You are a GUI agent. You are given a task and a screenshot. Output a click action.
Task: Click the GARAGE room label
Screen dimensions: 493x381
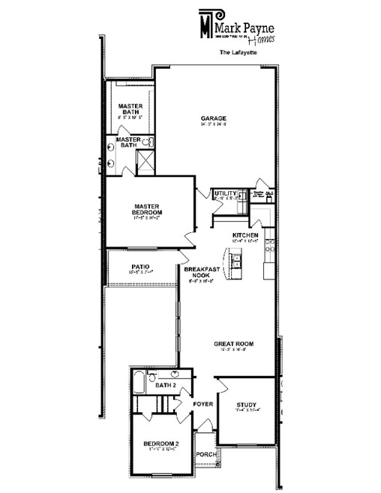213,118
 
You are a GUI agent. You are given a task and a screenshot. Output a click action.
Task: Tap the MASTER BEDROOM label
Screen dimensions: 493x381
148,209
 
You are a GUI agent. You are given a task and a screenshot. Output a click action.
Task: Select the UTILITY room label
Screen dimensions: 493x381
224,193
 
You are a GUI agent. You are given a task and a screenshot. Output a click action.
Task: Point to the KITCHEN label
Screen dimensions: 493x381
245,235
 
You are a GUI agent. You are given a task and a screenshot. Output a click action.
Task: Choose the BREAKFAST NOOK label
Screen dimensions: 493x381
201,272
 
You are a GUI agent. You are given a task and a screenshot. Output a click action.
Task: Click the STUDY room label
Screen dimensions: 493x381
244,405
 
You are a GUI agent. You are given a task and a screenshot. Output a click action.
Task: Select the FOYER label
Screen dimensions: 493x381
203,405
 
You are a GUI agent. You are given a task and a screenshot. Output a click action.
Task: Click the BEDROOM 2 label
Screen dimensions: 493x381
160,444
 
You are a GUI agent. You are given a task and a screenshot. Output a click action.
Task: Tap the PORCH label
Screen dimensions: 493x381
205,454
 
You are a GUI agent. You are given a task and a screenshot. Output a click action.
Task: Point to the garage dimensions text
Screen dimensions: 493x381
213,125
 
